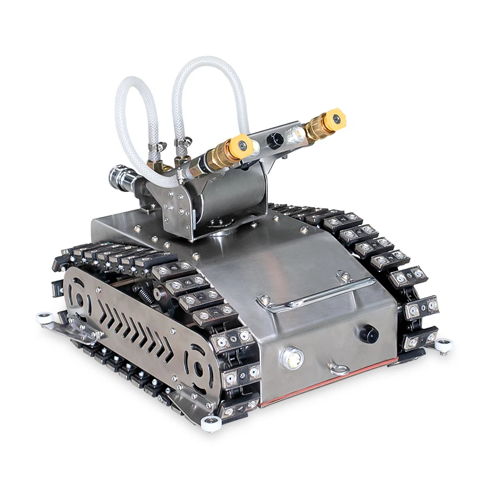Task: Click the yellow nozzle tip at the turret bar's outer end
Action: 335,118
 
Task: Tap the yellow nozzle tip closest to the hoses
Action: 243,145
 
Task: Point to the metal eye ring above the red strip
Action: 338,368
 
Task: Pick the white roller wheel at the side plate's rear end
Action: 43,318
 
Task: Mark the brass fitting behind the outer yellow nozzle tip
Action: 318,127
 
